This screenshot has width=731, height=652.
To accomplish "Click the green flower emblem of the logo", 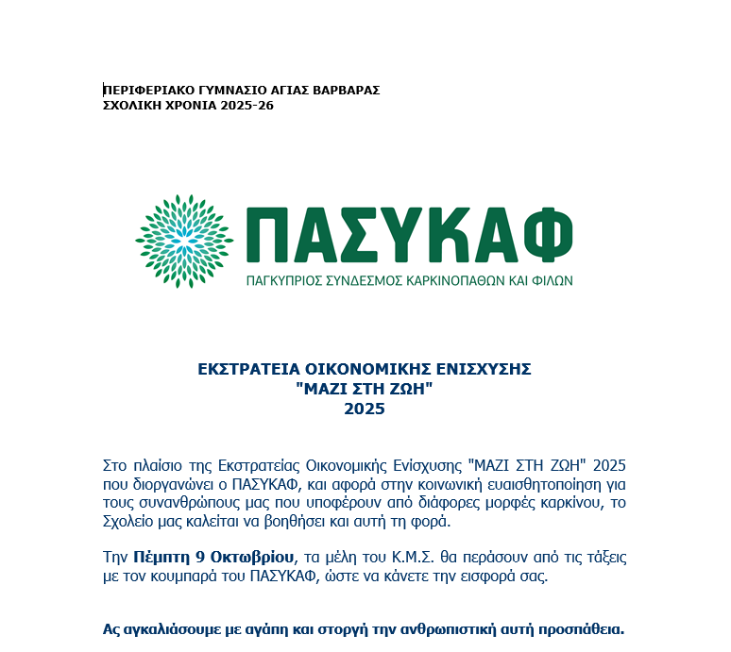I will (x=184, y=241).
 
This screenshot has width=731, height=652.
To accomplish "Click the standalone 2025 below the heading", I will (x=365, y=409).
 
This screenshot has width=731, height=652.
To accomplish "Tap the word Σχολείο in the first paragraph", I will (x=127, y=522).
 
